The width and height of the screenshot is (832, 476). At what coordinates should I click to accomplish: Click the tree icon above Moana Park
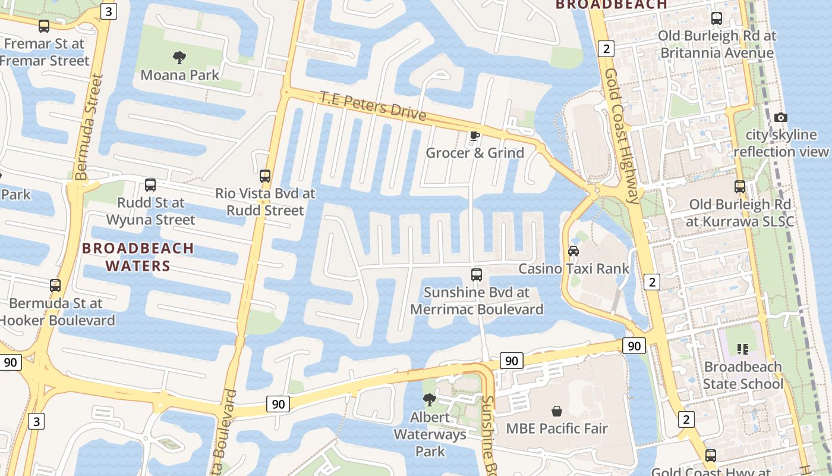tap(179, 58)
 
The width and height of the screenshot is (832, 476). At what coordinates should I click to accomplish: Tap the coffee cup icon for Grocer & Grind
tap(474, 136)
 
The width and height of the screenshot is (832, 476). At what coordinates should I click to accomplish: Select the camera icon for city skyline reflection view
tap(781, 118)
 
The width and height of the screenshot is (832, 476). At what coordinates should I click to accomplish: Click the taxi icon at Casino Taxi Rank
tap(573, 251)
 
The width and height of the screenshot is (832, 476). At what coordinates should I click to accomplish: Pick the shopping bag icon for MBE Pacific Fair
tap(557, 411)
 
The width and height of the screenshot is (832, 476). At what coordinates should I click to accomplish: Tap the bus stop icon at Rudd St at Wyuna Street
tap(150, 185)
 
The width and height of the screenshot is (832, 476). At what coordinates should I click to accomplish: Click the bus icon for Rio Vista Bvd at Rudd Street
tap(265, 176)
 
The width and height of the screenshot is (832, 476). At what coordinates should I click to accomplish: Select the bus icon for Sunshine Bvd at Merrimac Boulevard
tap(477, 275)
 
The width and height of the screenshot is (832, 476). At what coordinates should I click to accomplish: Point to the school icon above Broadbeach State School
tap(742, 349)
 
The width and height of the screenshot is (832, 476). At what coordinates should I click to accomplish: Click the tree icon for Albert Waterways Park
tap(429, 399)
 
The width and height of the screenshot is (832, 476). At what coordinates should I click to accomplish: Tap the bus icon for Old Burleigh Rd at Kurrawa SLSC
tap(740, 187)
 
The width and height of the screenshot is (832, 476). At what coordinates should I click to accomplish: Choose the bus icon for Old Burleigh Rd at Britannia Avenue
tap(717, 18)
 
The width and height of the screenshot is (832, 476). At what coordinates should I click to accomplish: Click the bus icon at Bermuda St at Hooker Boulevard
tap(55, 286)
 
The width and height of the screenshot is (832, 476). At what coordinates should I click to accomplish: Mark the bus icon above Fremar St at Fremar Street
tap(44, 26)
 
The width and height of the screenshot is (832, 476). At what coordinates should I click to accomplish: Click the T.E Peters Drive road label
tap(373, 106)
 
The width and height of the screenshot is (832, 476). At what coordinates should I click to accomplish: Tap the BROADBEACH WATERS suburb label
tap(138, 257)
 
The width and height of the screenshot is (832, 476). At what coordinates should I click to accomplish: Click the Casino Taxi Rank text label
tap(573, 269)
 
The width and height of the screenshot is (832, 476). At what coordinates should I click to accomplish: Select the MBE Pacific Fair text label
tap(557, 428)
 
